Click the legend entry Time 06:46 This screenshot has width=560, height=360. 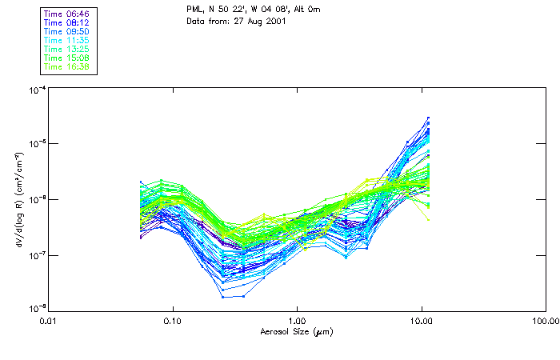pyautogui.click(x=67, y=14)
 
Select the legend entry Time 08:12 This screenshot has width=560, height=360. pyautogui.click(x=67, y=23)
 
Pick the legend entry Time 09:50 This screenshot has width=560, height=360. pyautogui.click(x=67, y=32)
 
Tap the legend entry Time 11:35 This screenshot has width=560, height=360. pyautogui.click(x=67, y=40)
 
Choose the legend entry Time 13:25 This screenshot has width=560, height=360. pyautogui.click(x=67, y=49)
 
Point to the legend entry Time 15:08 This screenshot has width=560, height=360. pyautogui.click(x=67, y=58)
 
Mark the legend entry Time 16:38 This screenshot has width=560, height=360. pyautogui.click(x=67, y=66)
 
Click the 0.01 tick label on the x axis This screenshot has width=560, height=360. pyautogui.click(x=49, y=321)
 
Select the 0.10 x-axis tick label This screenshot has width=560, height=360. pyautogui.click(x=173, y=321)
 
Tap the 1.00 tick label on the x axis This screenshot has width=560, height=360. pyautogui.click(x=297, y=321)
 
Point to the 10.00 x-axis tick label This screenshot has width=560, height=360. pyautogui.click(x=421, y=321)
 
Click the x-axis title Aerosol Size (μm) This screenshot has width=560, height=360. pyautogui.click(x=296, y=331)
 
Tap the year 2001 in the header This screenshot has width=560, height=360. pyautogui.click(x=275, y=20)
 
